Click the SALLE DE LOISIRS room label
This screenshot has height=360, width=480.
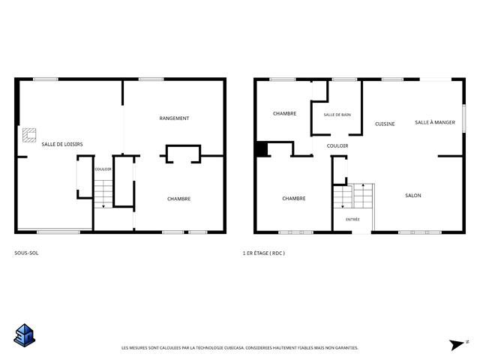point(62,144)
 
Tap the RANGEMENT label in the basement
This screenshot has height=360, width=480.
point(174,118)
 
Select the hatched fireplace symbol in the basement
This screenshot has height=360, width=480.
point(29,135)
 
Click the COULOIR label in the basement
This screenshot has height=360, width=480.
point(103,169)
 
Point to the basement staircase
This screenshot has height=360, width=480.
point(103,194)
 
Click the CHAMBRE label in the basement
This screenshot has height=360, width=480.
point(178,199)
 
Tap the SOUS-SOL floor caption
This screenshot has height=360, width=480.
point(26,253)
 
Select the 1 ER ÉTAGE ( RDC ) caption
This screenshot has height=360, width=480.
point(263,253)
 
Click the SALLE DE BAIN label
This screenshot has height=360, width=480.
point(337,115)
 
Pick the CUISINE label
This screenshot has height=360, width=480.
point(385,124)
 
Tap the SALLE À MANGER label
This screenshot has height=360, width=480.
point(435,122)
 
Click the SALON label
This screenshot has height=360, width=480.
point(413,195)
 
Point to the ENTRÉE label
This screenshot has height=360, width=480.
point(352,220)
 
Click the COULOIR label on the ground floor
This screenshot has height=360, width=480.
point(337,146)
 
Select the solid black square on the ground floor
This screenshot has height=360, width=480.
point(262,149)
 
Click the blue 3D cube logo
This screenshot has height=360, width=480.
point(25,335)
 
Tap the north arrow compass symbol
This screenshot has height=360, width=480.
point(458,344)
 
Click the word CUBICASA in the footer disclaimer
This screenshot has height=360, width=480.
point(234,348)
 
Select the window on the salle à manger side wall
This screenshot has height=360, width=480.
point(463,118)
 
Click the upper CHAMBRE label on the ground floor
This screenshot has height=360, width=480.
point(285,113)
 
